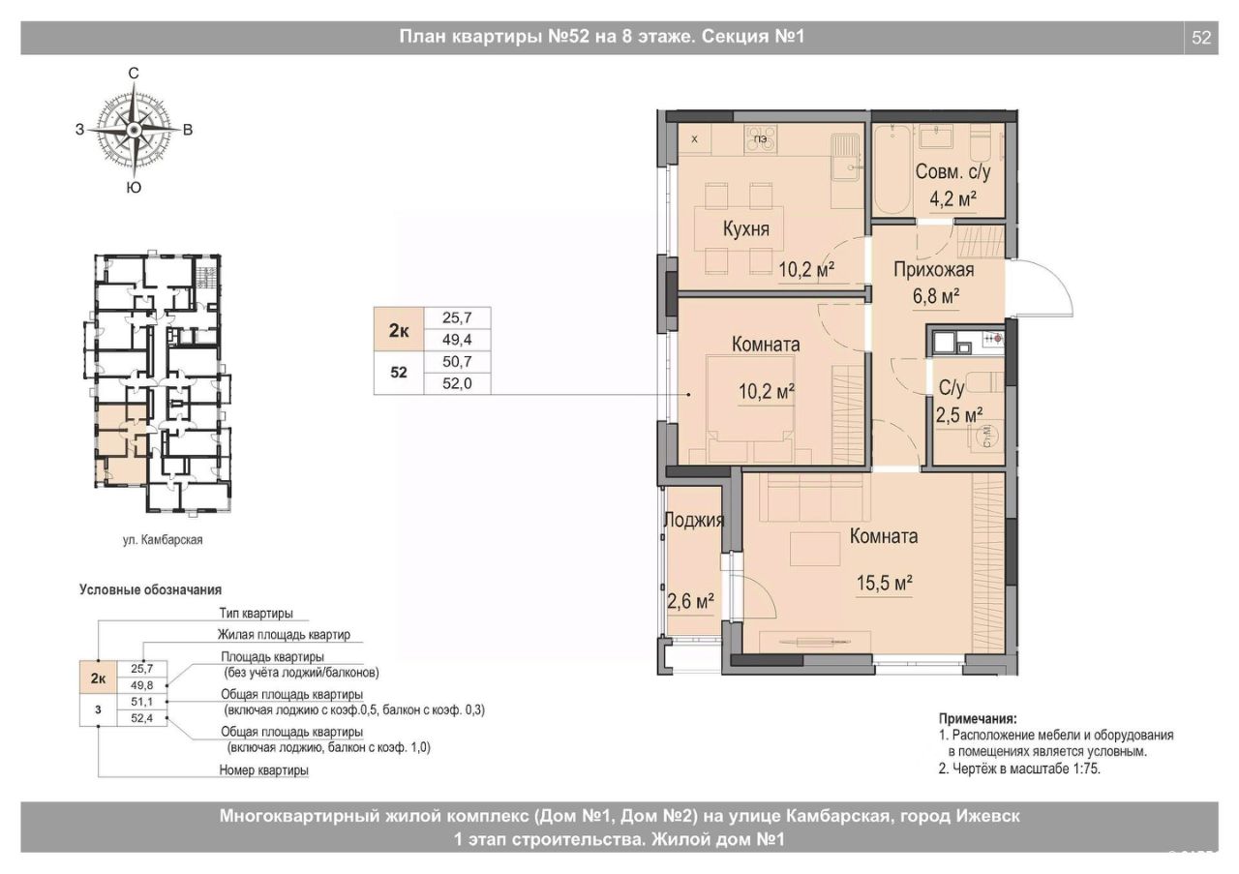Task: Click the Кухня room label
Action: (x=745, y=228)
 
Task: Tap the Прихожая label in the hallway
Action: (x=934, y=269)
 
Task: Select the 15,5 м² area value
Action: (x=885, y=583)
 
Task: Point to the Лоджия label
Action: (x=694, y=520)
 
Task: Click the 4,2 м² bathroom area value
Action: (x=952, y=198)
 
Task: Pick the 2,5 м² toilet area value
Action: (x=959, y=414)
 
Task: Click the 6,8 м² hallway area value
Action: (x=936, y=296)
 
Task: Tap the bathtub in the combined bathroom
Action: (x=892, y=168)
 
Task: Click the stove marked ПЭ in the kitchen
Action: (x=761, y=139)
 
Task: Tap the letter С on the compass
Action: (x=134, y=73)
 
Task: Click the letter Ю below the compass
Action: (x=134, y=188)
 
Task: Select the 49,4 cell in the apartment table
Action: (x=457, y=339)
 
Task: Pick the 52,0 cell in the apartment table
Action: (x=457, y=383)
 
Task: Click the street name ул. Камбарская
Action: (x=163, y=539)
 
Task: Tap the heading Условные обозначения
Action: (x=150, y=589)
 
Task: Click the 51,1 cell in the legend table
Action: (x=142, y=702)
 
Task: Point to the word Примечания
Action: (x=978, y=718)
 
